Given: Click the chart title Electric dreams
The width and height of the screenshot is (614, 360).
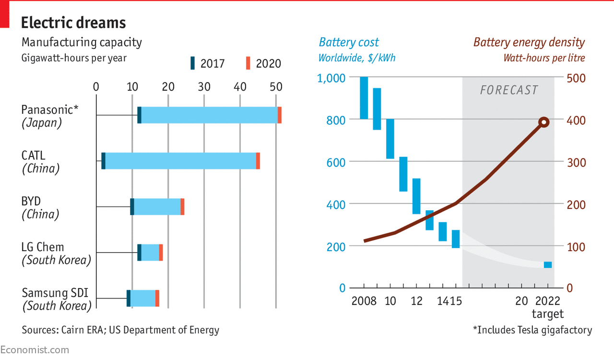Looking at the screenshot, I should click(x=73, y=23).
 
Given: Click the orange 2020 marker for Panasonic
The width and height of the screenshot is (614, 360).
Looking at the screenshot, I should click(x=279, y=115).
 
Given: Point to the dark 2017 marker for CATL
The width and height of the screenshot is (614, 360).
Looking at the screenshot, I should click(x=103, y=161).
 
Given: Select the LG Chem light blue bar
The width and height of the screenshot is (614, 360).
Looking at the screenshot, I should click(x=150, y=252).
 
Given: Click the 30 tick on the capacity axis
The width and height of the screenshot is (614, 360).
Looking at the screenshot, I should click(x=204, y=87).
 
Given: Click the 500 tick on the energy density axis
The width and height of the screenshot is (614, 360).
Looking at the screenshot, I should click(x=576, y=78).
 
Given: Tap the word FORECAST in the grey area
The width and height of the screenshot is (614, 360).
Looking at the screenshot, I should click(x=509, y=90).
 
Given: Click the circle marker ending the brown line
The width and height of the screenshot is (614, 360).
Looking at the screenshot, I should click(x=543, y=122).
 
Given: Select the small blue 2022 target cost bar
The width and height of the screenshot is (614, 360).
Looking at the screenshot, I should click(x=547, y=265).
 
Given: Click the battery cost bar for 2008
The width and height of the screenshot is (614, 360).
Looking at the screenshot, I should click(x=364, y=98).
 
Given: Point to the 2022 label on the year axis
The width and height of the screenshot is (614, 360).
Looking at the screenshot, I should click(x=547, y=301).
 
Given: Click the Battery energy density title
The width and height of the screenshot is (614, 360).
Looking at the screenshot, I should click(x=529, y=42).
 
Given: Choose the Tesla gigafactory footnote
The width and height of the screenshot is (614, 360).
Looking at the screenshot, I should click(x=532, y=330).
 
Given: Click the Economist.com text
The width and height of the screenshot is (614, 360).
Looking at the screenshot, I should click(x=35, y=350).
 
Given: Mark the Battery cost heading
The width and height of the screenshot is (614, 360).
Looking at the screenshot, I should click(x=349, y=42).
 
